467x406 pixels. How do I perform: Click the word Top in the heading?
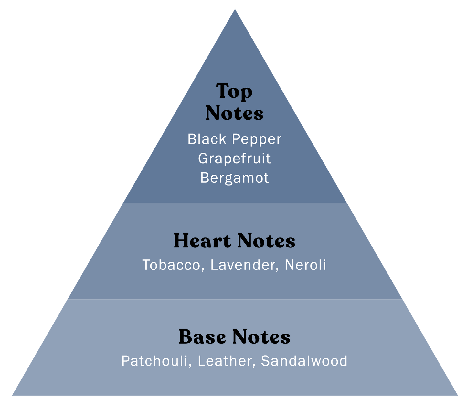(234, 91)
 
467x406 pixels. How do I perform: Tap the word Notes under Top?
(234, 114)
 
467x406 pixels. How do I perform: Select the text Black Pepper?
(234, 139)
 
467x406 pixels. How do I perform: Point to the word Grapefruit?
(234, 159)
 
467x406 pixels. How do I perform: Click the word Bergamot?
(234, 178)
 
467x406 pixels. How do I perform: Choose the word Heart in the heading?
(202, 241)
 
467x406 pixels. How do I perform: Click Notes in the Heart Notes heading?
(266, 241)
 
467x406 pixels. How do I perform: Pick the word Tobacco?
(172, 265)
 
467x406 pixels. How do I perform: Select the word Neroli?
(305, 265)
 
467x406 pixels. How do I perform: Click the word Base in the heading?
(202, 337)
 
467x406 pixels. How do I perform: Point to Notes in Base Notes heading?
(261, 337)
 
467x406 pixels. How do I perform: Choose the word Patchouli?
(154, 361)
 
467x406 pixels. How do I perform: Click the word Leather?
(224, 361)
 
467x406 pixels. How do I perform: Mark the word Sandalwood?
(304, 361)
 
